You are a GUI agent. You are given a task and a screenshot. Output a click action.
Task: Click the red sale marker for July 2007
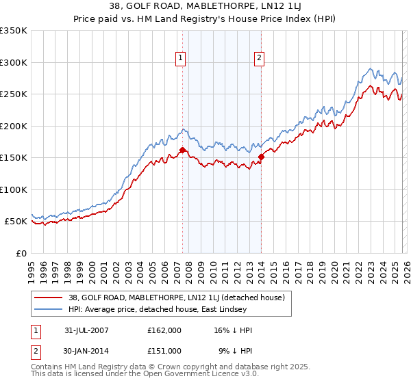182,150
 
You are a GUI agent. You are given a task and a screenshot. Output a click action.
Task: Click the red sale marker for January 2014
261,157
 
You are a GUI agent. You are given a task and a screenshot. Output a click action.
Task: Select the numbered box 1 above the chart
180,59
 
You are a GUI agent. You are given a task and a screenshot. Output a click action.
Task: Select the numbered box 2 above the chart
260,59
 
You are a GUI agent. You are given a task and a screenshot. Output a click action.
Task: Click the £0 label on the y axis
21,253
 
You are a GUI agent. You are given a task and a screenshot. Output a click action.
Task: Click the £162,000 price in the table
164,330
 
